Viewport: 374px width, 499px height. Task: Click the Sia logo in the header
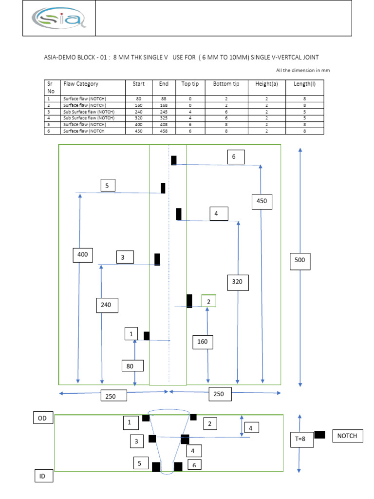click(59, 19)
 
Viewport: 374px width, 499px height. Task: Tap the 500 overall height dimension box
click(299, 260)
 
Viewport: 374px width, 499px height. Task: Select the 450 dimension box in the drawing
click(262, 201)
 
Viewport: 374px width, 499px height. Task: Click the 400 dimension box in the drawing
click(83, 254)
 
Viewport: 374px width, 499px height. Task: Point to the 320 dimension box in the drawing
click(237, 282)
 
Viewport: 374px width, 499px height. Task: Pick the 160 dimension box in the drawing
click(202, 342)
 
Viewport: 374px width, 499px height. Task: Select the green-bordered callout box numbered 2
click(208, 302)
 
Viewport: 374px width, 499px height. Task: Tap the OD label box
click(42, 418)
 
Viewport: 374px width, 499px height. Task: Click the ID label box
click(42, 476)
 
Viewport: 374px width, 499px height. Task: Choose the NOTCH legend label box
click(348, 436)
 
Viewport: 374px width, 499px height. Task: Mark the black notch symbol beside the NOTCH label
click(319, 435)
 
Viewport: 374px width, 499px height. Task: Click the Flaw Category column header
click(81, 84)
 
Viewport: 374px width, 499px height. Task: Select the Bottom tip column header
click(226, 84)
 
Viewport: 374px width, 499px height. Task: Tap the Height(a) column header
click(266, 84)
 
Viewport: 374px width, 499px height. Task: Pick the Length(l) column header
click(304, 84)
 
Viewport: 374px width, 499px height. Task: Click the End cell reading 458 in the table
click(164, 131)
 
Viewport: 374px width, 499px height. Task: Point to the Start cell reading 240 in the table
click(138, 112)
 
